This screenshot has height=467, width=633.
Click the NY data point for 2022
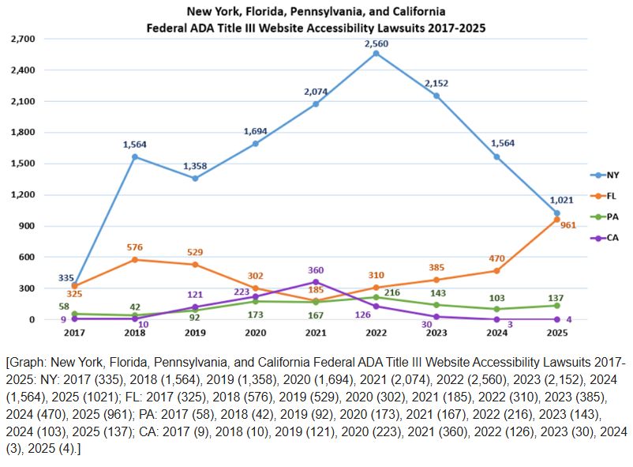[376, 53]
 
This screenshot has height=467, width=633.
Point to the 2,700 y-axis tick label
[23, 39]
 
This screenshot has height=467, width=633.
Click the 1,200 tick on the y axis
[23, 194]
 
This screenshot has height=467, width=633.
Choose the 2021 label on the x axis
[316, 333]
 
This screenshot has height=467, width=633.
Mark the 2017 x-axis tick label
[74, 333]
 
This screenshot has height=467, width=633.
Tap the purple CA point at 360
[316, 282]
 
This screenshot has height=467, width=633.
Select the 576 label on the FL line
[135, 247]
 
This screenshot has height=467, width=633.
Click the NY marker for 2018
[135, 156]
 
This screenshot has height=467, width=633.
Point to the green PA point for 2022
[376, 297]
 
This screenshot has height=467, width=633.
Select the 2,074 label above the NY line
[316, 92]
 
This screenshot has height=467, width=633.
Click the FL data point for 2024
[496, 271]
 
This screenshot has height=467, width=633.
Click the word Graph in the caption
[26, 360]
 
